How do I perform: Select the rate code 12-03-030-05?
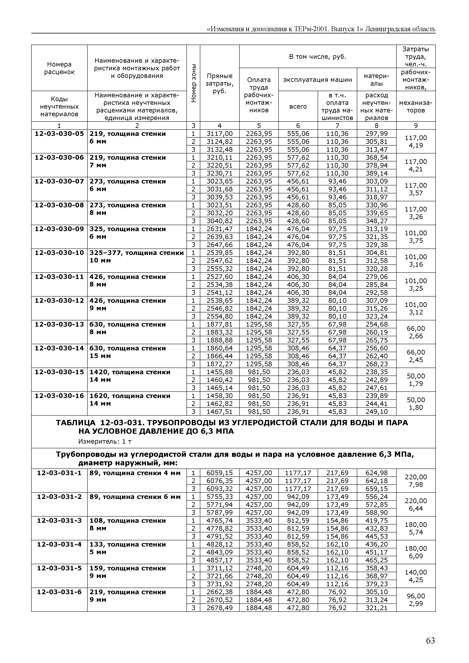(59, 134)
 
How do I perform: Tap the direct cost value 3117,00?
(220, 134)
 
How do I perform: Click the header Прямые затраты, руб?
(220, 83)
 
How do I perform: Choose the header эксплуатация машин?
(318, 80)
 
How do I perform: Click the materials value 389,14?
(376, 173)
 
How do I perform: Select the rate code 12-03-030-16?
(59, 396)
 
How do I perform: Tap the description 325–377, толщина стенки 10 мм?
(136, 256)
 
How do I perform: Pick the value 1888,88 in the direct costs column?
(220, 340)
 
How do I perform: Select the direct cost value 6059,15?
(220, 473)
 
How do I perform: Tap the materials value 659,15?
(376, 489)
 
